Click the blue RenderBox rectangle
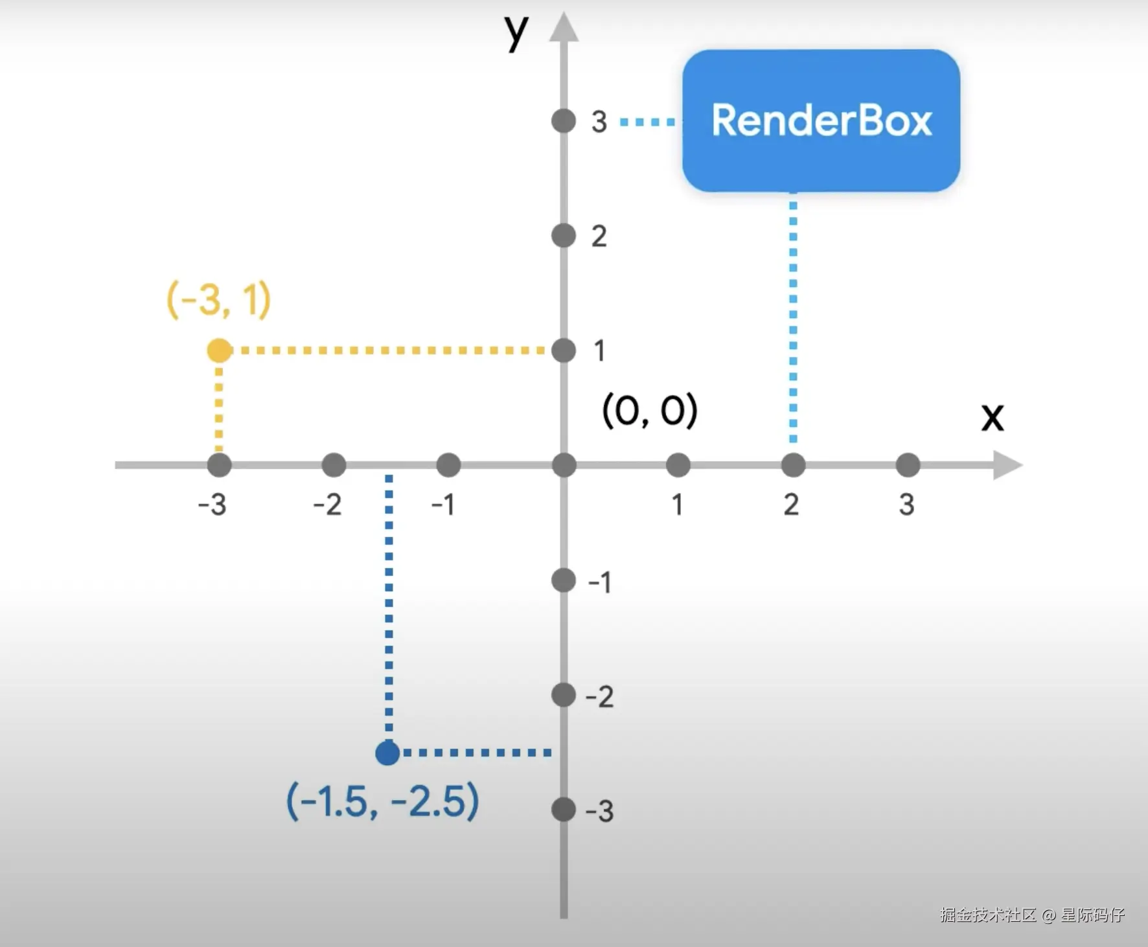click(821, 120)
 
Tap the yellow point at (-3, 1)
click(220, 350)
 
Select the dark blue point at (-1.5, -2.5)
click(388, 753)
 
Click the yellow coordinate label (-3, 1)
click(219, 300)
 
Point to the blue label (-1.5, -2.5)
click(382, 801)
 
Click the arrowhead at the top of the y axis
click(564, 28)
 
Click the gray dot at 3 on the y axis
click(564, 121)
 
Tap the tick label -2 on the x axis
click(327, 505)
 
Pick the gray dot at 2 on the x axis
click(793, 465)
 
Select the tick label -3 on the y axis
click(599, 811)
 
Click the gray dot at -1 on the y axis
click(564, 580)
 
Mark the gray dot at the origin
click(564, 465)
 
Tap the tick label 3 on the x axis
click(907, 505)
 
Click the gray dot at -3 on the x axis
click(220, 465)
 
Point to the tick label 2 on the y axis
click(599, 236)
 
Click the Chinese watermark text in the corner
click(1032, 915)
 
